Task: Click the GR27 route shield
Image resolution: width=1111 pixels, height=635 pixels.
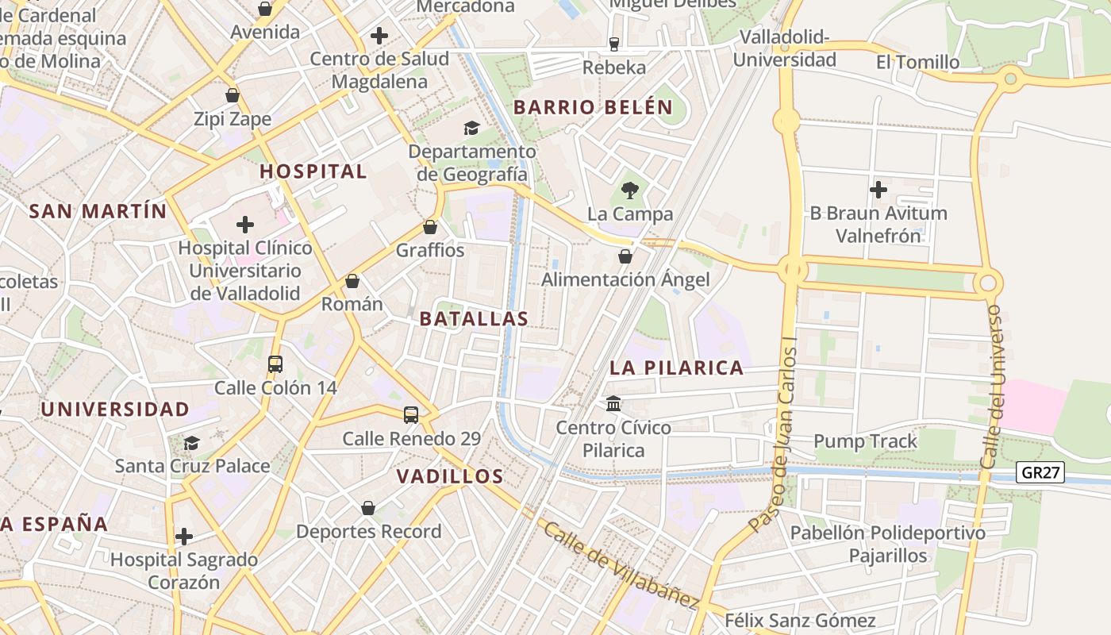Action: click(x=1040, y=473)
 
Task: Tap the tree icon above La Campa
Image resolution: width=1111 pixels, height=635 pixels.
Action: click(x=630, y=190)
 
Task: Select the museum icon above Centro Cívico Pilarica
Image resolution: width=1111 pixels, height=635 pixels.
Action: click(x=613, y=404)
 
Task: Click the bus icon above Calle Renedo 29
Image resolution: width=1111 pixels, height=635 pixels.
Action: click(x=411, y=414)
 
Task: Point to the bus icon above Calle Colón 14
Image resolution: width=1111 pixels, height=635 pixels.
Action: click(x=275, y=364)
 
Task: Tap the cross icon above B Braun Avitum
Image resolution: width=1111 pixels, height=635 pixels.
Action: click(x=878, y=190)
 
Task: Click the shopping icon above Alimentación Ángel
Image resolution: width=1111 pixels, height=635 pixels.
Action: click(x=625, y=256)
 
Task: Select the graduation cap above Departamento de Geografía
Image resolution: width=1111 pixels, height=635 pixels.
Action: click(x=471, y=128)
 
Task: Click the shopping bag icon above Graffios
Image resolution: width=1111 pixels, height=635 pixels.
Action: click(x=430, y=227)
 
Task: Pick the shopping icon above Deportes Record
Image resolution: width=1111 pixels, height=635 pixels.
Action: click(x=368, y=508)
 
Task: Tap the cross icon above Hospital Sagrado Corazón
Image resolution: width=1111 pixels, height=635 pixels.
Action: click(x=184, y=537)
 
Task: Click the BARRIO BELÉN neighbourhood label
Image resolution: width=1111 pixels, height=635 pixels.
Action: click(x=593, y=107)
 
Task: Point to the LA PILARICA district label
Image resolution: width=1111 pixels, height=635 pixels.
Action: click(x=677, y=368)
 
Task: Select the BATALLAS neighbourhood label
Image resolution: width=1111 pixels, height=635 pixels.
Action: click(x=474, y=319)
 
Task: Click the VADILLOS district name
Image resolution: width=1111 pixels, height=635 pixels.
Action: click(x=449, y=476)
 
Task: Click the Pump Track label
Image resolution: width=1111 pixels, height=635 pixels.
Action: click(x=865, y=441)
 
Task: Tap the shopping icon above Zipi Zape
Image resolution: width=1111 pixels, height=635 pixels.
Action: click(x=233, y=96)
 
